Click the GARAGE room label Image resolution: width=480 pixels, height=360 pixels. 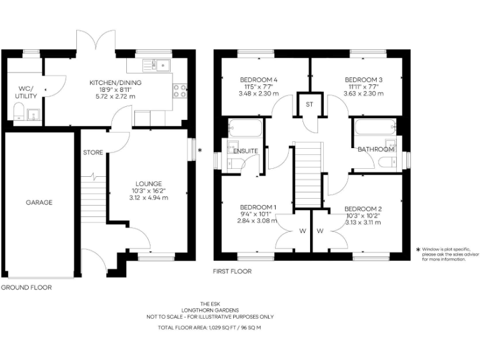coord(39,202)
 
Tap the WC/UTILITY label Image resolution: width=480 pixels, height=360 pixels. coord(27,92)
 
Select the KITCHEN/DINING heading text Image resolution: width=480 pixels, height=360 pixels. coord(116,82)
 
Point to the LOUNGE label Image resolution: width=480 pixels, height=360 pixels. coord(149,183)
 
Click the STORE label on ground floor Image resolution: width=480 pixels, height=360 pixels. coord(92,152)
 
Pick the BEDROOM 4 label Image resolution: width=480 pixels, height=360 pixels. coord(258,79)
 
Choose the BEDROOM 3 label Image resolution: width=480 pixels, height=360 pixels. coord(363,79)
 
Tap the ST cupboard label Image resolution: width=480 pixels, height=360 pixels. coord(309,104)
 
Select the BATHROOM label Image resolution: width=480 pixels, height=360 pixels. coord(376,150)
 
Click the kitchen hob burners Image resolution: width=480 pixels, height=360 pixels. coord(179,91)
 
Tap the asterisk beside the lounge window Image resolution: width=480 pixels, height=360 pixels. coord(200,151)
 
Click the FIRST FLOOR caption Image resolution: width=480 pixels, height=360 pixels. coord(232,272)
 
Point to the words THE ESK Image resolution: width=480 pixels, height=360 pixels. coord(210,304)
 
